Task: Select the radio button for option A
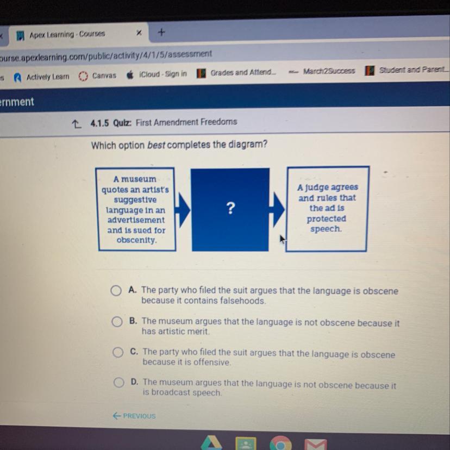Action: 116,290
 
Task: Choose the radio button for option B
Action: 117,322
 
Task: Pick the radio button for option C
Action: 118,352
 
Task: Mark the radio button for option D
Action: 118,382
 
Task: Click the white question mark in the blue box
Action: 230,208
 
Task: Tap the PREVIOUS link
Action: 134,416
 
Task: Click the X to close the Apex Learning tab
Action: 139,33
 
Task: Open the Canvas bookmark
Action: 97,76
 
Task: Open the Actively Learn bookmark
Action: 42,77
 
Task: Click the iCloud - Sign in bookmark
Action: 157,74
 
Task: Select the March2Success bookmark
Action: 322,71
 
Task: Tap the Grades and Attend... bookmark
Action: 236,73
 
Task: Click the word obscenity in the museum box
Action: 136,240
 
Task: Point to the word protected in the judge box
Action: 326,218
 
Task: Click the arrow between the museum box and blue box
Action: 182,210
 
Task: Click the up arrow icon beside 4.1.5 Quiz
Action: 76,124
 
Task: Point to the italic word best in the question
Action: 156,145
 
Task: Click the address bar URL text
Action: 105,55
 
